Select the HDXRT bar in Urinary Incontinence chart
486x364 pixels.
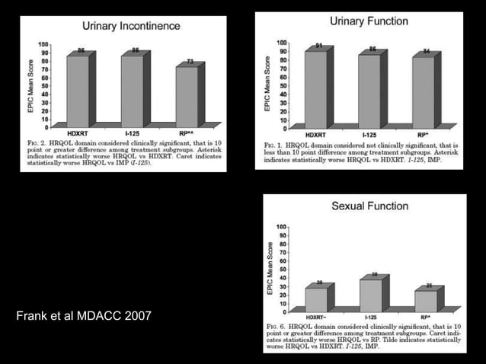77,90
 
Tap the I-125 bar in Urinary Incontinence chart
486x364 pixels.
131,90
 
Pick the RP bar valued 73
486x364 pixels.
187,95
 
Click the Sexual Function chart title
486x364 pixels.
369,206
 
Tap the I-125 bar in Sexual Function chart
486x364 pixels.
369,295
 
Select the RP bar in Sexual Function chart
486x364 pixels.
425,301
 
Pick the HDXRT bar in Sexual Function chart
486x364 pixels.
315,299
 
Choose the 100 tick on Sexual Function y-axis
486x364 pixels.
283,227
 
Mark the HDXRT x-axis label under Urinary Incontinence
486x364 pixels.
77,133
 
